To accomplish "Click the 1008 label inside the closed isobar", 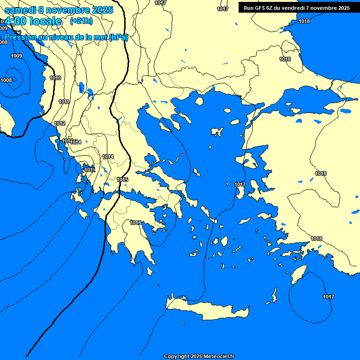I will (x=6, y=80).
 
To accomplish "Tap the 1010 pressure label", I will (x=55, y=78).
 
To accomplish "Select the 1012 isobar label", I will (x=60, y=123).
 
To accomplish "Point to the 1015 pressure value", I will (x=122, y=180).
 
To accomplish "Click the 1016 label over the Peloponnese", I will (x=135, y=223).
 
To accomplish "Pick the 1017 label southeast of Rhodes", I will (x=329, y=297).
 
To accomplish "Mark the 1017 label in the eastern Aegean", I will (x=240, y=184).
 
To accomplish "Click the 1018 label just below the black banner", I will (x=304, y=21).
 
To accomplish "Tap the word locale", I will (x=45, y=21).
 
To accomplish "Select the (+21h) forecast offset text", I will (x=81, y=21).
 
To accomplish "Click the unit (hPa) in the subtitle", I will (x=118, y=37).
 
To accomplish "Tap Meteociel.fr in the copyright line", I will (x=219, y=356).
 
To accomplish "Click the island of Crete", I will (x=206, y=309).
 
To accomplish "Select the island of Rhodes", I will (x=299, y=274).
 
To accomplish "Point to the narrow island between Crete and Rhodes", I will (x=274, y=295).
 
